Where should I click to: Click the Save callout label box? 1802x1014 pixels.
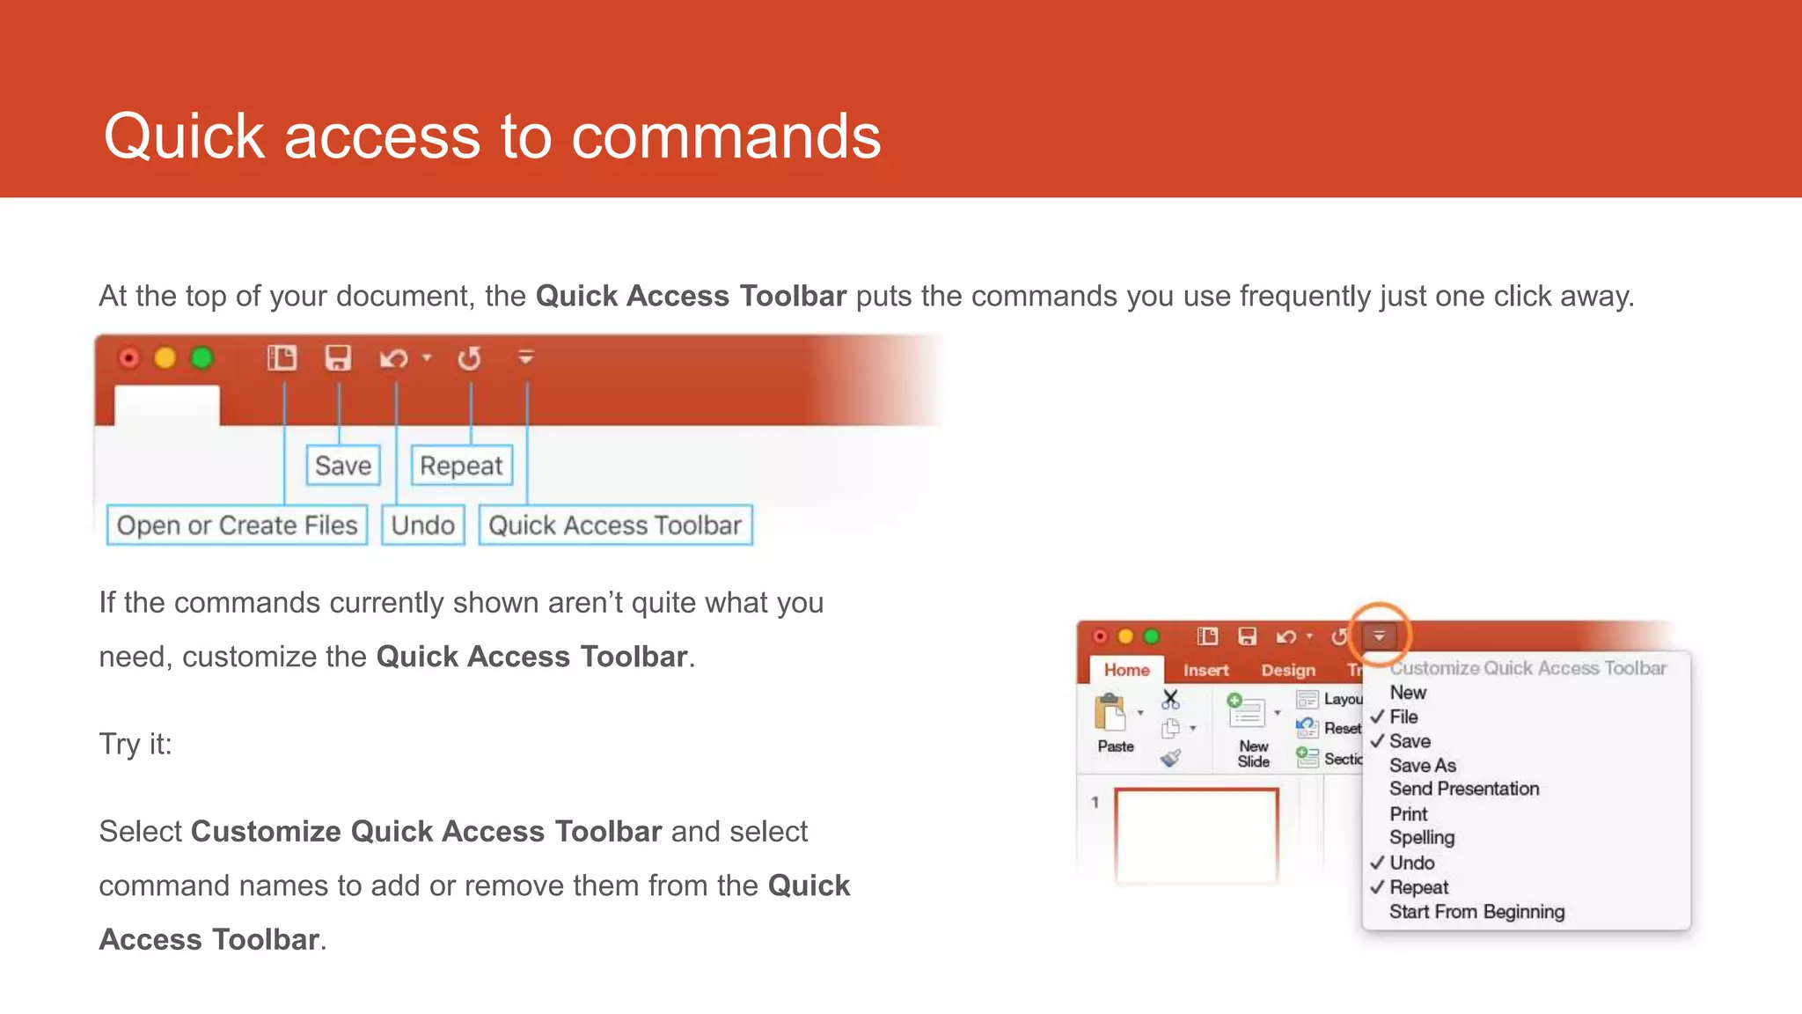pyautogui.click(x=343, y=465)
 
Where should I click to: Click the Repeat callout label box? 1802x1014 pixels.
pyautogui.click(x=461, y=465)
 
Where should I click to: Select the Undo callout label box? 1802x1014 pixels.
pyautogui.click(x=422, y=525)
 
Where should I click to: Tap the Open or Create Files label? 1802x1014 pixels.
pyautogui.click(x=237, y=525)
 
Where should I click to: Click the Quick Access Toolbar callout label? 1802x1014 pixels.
pyautogui.click(x=615, y=525)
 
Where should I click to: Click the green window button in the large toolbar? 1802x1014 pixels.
pyautogui.click(x=202, y=358)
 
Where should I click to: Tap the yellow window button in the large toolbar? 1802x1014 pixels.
pyautogui.click(x=165, y=358)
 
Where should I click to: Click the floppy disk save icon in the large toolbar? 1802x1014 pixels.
pyautogui.click(x=338, y=358)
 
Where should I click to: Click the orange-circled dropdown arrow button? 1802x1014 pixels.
pyautogui.click(x=1379, y=636)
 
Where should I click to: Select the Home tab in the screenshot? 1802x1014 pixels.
pyautogui.click(x=1126, y=670)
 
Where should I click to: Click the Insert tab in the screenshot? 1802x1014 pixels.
pyautogui.click(x=1205, y=670)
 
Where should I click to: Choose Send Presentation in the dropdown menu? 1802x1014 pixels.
pyautogui.click(x=1464, y=789)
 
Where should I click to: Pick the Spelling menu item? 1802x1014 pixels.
pyautogui.click(x=1422, y=838)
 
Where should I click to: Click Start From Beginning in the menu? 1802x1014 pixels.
pyautogui.click(x=1476, y=912)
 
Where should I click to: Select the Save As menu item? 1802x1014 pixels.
pyautogui.click(x=1422, y=765)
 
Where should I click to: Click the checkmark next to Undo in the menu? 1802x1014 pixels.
pyautogui.click(x=1377, y=863)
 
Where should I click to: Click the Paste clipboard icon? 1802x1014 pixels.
pyautogui.click(x=1110, y=713)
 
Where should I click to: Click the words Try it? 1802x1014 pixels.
pyautogui.click(x=136, y=744)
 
